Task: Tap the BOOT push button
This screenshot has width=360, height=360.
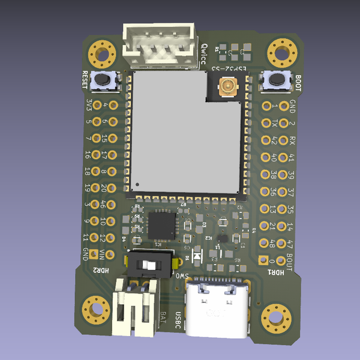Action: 277,79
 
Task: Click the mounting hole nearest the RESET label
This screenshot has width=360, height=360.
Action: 103,54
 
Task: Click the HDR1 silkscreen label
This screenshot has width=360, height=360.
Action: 276,272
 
